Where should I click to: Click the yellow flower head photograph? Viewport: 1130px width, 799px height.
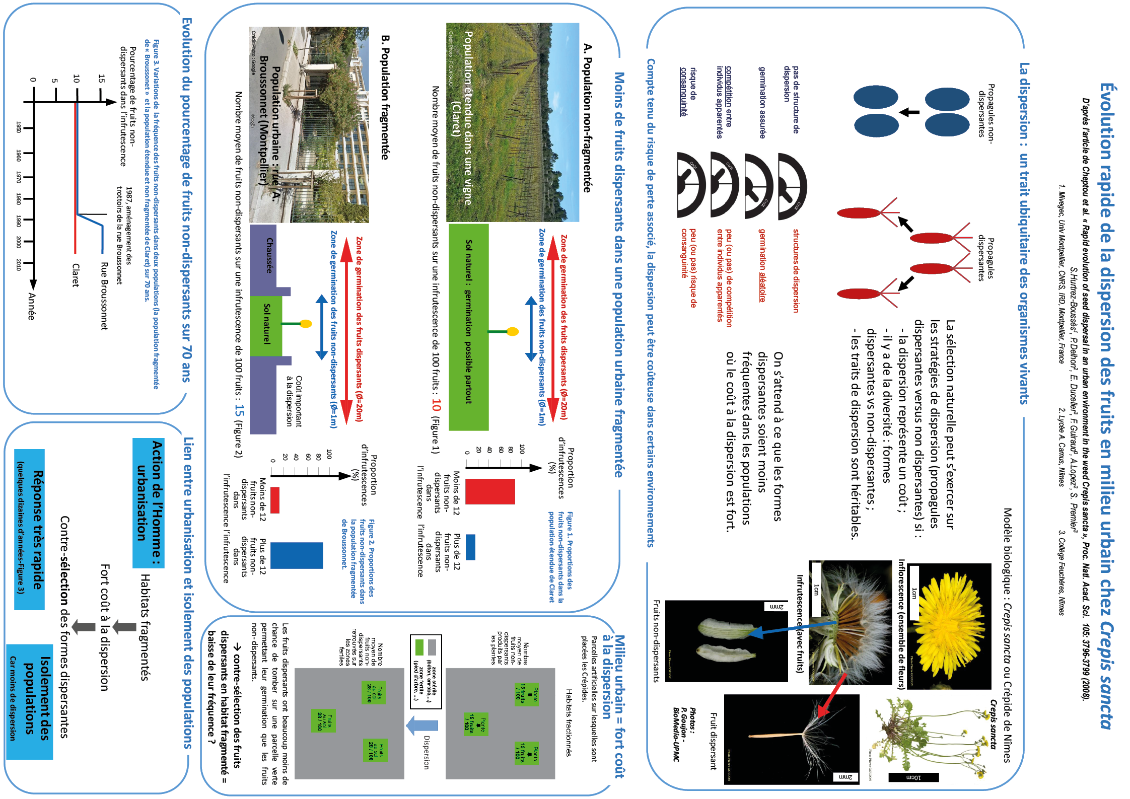pos(949,625)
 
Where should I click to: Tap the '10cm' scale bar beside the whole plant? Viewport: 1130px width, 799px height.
pos(913,777)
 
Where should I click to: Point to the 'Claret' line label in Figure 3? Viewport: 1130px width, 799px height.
pos(76,275)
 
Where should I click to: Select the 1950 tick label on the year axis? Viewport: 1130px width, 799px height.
pos(19,127)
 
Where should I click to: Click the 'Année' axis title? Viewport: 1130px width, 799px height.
pos(31,306)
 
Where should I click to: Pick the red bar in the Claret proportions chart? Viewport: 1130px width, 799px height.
pos(490,491)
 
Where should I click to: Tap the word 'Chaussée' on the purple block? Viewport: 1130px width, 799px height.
pos(269,255)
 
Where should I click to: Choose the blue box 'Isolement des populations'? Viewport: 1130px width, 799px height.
pos(30,701)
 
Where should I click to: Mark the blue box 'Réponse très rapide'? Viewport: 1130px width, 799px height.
pos(30,529)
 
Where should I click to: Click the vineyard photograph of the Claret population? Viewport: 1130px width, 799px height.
pos(513,122)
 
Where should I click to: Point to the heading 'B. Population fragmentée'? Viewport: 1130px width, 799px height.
pos(385,97)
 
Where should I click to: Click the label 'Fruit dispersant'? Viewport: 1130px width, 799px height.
pos(713,741)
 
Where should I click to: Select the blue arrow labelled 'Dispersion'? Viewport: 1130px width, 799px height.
pos(422,725)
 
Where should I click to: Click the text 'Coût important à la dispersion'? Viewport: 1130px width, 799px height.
pos(294,401)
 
